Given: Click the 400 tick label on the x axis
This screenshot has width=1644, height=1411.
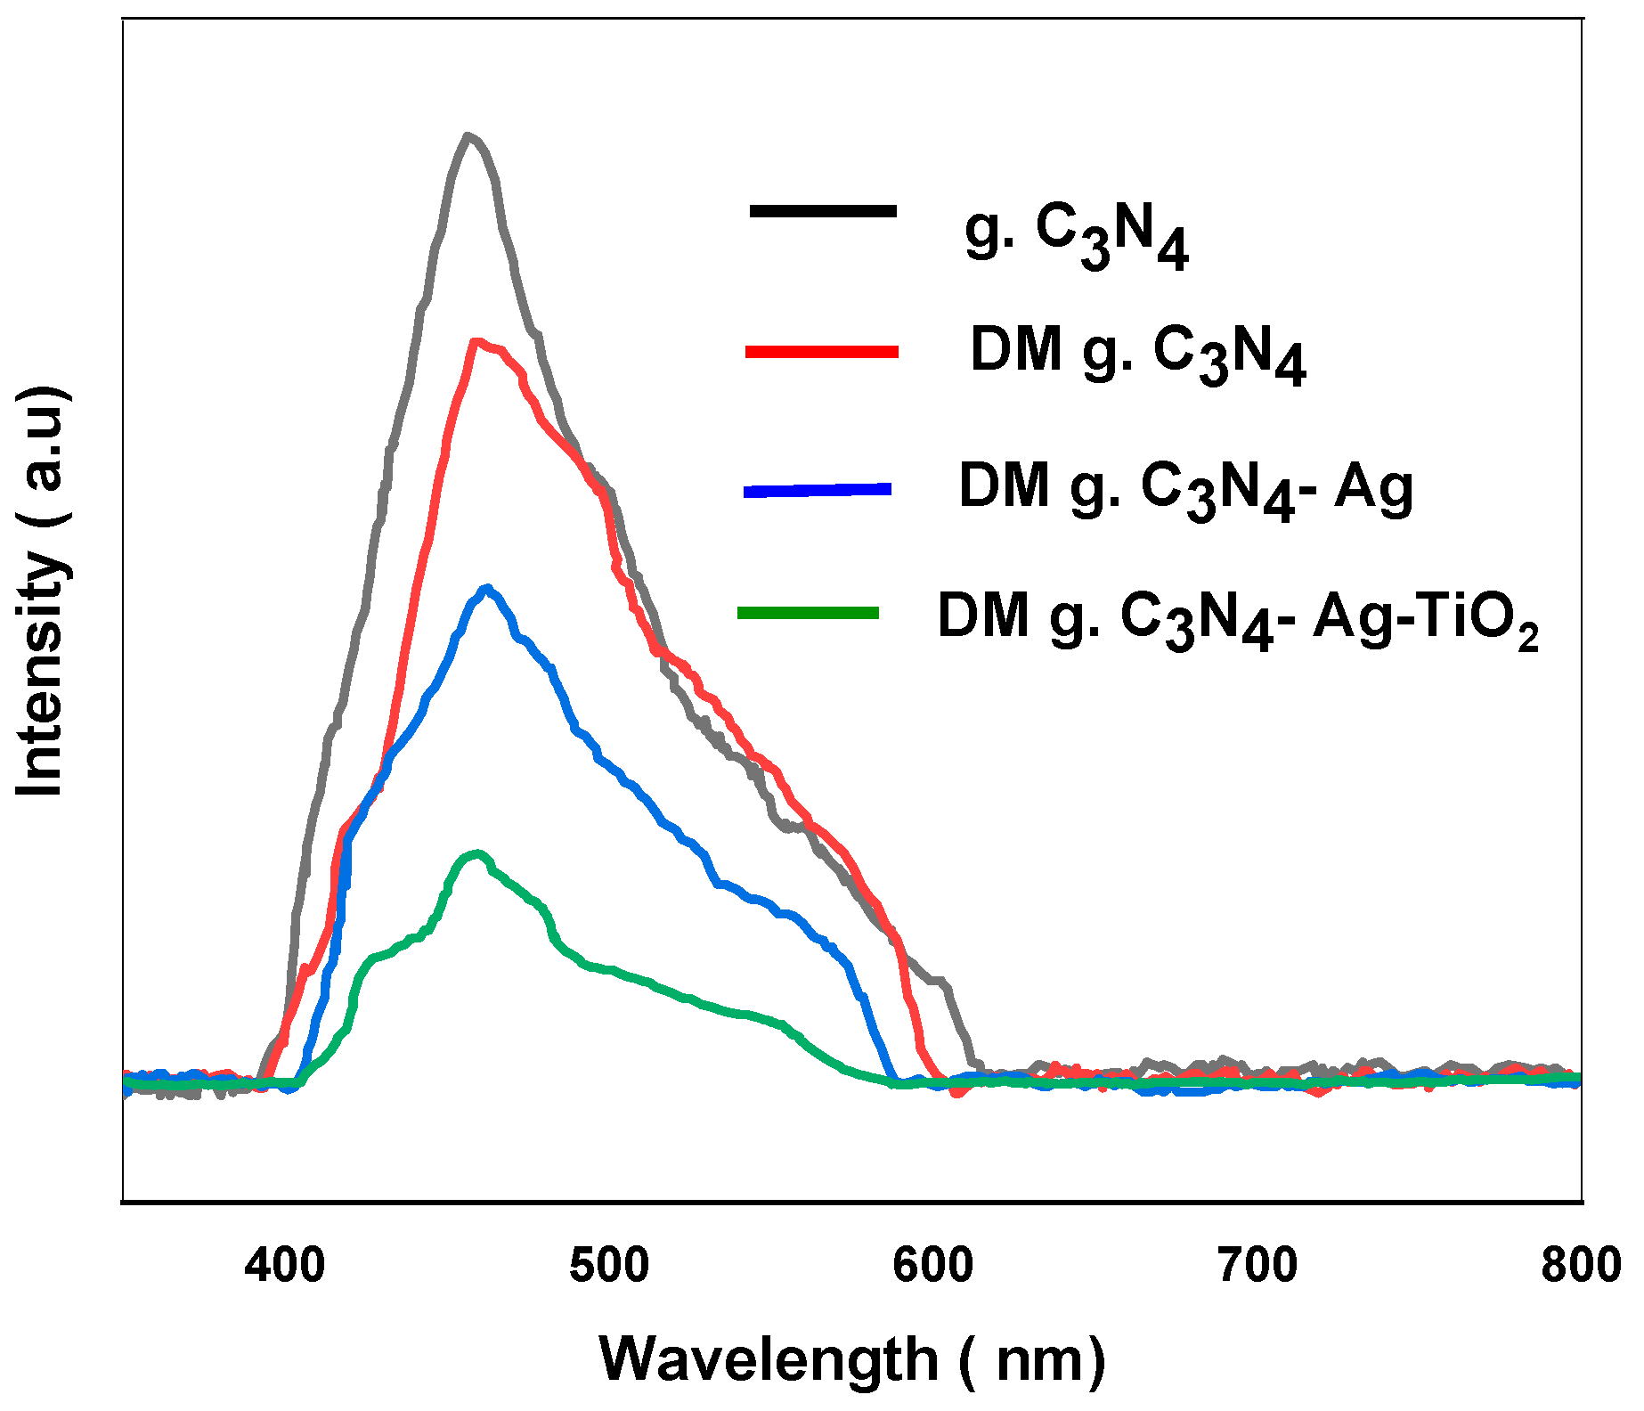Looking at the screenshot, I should click(285, 1266).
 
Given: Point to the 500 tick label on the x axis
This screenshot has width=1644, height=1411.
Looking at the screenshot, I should click(609, 1266).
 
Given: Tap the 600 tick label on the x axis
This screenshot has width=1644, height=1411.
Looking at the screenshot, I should click(933, 1266).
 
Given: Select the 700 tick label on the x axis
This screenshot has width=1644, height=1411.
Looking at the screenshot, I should click(1257, 1266).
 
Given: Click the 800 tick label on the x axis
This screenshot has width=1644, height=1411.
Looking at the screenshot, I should click(1580, 1266).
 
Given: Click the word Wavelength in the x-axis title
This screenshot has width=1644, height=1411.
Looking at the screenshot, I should click(769, 1360).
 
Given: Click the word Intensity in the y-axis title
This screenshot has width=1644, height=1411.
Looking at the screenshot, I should click(42, 674).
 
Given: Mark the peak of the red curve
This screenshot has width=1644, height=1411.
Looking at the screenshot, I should click(477, 342).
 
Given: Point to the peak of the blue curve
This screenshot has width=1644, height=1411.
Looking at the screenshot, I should click(486, 588).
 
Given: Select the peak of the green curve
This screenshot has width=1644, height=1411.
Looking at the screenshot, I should click(477, 853).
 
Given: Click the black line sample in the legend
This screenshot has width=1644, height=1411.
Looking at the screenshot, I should click(823, 211).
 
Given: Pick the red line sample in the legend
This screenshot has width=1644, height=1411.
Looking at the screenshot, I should click(821, 352).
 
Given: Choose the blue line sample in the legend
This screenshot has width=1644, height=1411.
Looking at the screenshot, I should click(818, 490).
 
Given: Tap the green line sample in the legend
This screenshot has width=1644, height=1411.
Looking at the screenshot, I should click(809, 612).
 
